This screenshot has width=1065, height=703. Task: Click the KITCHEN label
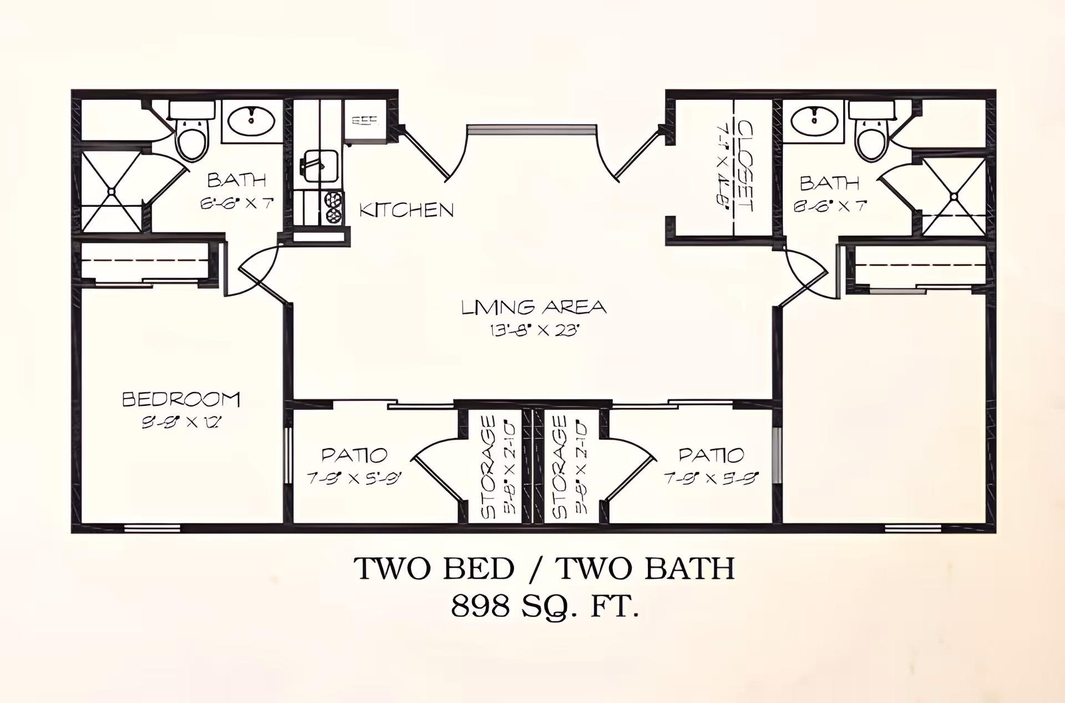pyautogui.click(x=406, y=210)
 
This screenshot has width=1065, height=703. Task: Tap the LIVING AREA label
pyautogui.click(x=534, y=307)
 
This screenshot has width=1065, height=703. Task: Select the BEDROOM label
pyautogui.click(x=181, y=399)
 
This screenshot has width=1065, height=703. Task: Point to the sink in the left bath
pyautogui.click(x=251, y=121)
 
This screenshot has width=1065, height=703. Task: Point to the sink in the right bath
pyautogui.click(x=814, y=121)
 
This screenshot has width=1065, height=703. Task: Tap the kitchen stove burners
pyautogui.click(x=333, y=207)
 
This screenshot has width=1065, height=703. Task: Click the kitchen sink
pyautogui.click(x=319, y=165)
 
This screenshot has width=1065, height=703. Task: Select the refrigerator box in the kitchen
pyautogui.click(x=364, y=120)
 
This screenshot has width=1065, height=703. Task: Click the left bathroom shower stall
pyautogui.click(x=111, y=191)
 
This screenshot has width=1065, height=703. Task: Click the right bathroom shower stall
pyautogui.click(x=954, y=196)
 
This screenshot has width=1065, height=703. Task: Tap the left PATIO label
pyautogui.click(x=354, y=455)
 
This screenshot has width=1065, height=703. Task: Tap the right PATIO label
pyautogui.click(x=711, y=455)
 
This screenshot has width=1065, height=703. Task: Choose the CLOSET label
pyautogui.click(x=744, y=166)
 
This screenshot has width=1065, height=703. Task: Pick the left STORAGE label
pyautogui.click(x=488, y=467)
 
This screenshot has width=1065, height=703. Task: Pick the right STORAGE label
pyautogui.click(x=560, y=467)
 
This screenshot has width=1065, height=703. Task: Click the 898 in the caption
pyautogui.click(x=480, y=606)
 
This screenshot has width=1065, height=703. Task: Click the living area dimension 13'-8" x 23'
pyautogui.click(x=534, y=330)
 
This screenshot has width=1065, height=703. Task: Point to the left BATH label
pyautogui.click(x=236, y=180)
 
